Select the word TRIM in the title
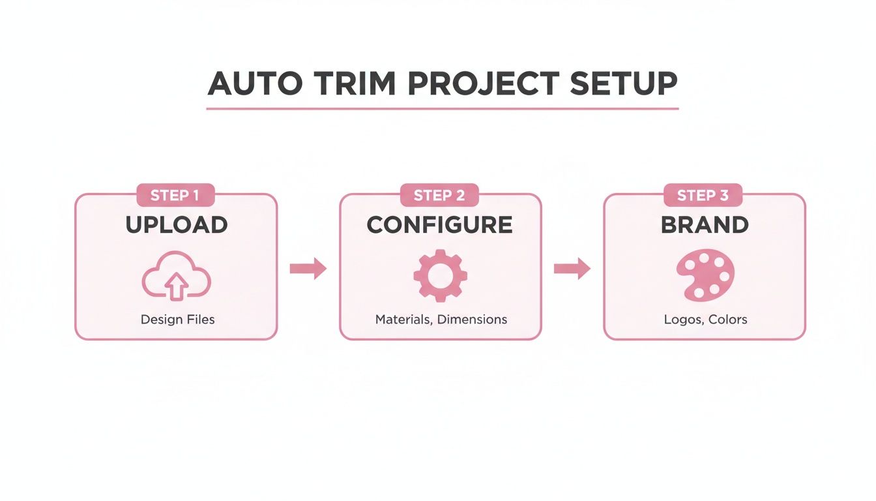coord(355,84)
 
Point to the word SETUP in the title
coord(624,84)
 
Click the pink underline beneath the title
coord(442,108)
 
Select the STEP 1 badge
coord(175,195)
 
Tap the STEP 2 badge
coord(439,195)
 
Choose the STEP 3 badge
coord(703,195)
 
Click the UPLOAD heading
coord(176,225)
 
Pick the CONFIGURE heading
coord(439,225)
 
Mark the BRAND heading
coord(705,225)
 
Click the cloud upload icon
coord(176,276)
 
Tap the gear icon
coord(440,275)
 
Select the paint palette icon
coord(705,275)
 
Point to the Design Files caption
coord(177,320)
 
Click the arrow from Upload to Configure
coord(308,268)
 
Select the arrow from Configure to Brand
coord(572,268)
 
